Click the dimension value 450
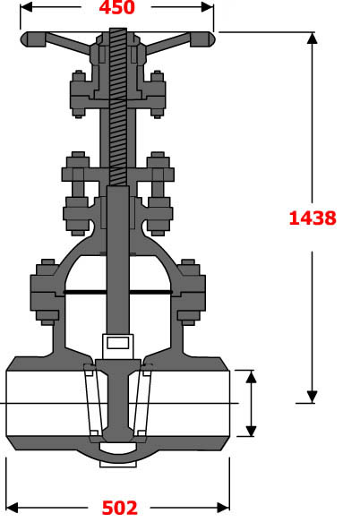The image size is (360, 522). pyautogui.click(x=116, y=8)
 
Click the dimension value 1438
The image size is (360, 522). pyautogui.click(x=312, y=217)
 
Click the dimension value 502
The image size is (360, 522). pyautogui.click(x=119, y=509)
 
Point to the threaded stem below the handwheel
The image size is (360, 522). pyautogui.click(x=118, y=107)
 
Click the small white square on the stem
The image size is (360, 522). pyautogui.click(x=117, y=342)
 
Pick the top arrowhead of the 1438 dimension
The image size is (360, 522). pyautogui.click(x=312, y=39)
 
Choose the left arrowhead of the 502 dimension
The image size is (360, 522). pyautogui.click(x=12, y=508)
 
